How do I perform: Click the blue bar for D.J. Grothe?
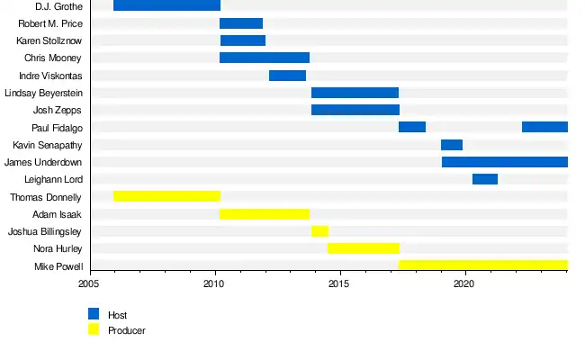pos(166,5)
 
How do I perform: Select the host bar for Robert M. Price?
pos(241,22)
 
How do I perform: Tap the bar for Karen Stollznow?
pos(243,40)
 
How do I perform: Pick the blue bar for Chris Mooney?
pos(265,58)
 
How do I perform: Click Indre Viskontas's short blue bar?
pos(287,75)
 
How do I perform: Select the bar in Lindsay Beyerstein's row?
pos(355,92)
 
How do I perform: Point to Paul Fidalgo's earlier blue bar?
pos(412,127)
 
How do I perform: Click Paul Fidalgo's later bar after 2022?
pos(544,127)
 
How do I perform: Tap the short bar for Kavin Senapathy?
pos(452,144)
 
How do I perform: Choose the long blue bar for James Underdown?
pos(505,162)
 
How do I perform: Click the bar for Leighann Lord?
pos(485,179)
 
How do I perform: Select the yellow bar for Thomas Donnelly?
pos(166,196)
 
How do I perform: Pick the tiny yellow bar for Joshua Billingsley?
pos(319,231)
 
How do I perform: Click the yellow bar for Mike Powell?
pos(483,265)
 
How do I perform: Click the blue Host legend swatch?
pos(94,314)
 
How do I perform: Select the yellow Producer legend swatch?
pos(94,329)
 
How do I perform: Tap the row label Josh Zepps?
pos(58,110)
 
